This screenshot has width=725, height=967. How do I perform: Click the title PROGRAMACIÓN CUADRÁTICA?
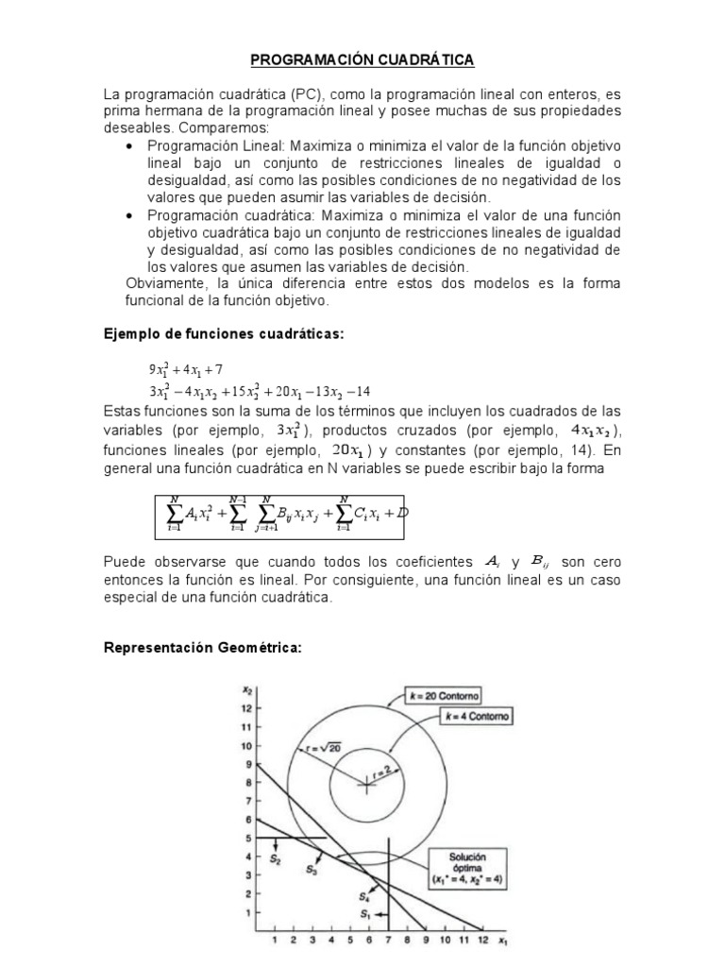click(362, 60)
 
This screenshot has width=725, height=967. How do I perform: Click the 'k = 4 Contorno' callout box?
click(474, 717)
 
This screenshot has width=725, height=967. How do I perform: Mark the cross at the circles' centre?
click(364, 782)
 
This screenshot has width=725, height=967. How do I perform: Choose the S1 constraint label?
click(364, 914)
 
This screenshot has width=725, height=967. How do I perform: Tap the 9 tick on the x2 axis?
click(247, 765)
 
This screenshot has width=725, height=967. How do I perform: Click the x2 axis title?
click(248, 689)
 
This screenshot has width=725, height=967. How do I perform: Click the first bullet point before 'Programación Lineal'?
click(130, 145)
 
